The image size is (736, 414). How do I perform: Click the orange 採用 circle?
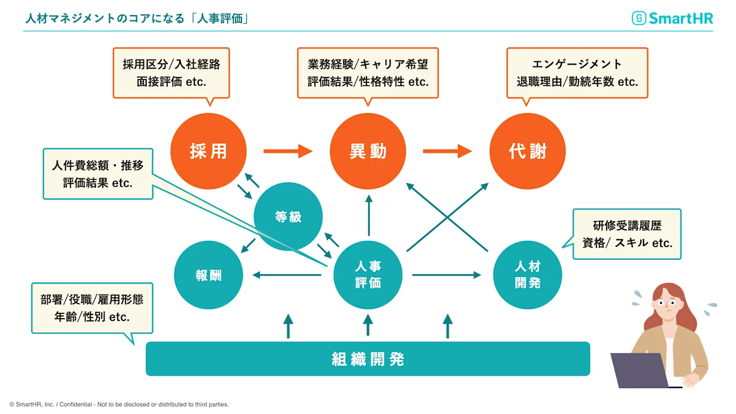208,151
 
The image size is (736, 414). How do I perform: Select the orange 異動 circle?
368,151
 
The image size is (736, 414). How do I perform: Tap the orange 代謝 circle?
528,151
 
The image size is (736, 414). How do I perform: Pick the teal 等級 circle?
288,216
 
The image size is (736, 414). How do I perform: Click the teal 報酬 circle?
208,275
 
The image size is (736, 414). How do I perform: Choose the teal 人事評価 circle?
368,275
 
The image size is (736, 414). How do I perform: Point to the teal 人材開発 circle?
528,275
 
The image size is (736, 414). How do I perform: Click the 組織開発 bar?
368,359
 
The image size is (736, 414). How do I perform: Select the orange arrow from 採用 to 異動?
288,151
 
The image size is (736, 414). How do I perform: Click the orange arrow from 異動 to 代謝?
448,151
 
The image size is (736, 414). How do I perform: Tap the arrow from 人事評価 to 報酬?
287,275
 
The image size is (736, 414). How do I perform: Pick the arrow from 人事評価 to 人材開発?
446,275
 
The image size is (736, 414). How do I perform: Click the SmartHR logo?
673,18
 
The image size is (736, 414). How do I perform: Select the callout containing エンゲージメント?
577,73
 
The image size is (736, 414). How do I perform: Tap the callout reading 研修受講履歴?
627,234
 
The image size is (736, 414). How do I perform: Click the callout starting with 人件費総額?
98,174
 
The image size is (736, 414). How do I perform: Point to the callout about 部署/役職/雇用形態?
92,308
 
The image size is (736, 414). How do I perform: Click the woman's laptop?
640,370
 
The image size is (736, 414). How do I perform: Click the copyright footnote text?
119,404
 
